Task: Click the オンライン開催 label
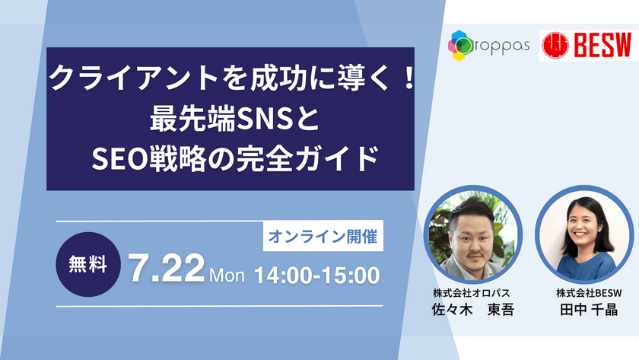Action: point(323,237)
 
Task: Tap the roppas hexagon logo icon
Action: point(463,45)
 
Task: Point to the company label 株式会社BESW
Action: point(585,292)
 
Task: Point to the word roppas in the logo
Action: point(505,46)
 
